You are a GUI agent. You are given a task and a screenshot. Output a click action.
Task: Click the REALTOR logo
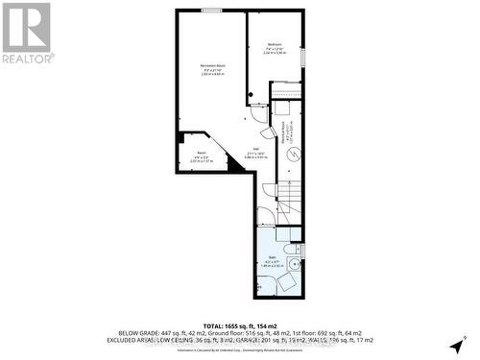pyautogui.click(x=27, y=33)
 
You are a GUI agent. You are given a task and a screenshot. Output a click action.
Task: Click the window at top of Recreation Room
pyautogui.click(x=211, y=11)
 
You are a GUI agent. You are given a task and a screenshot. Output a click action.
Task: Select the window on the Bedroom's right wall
pyautogui.click(x=303, y=57)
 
